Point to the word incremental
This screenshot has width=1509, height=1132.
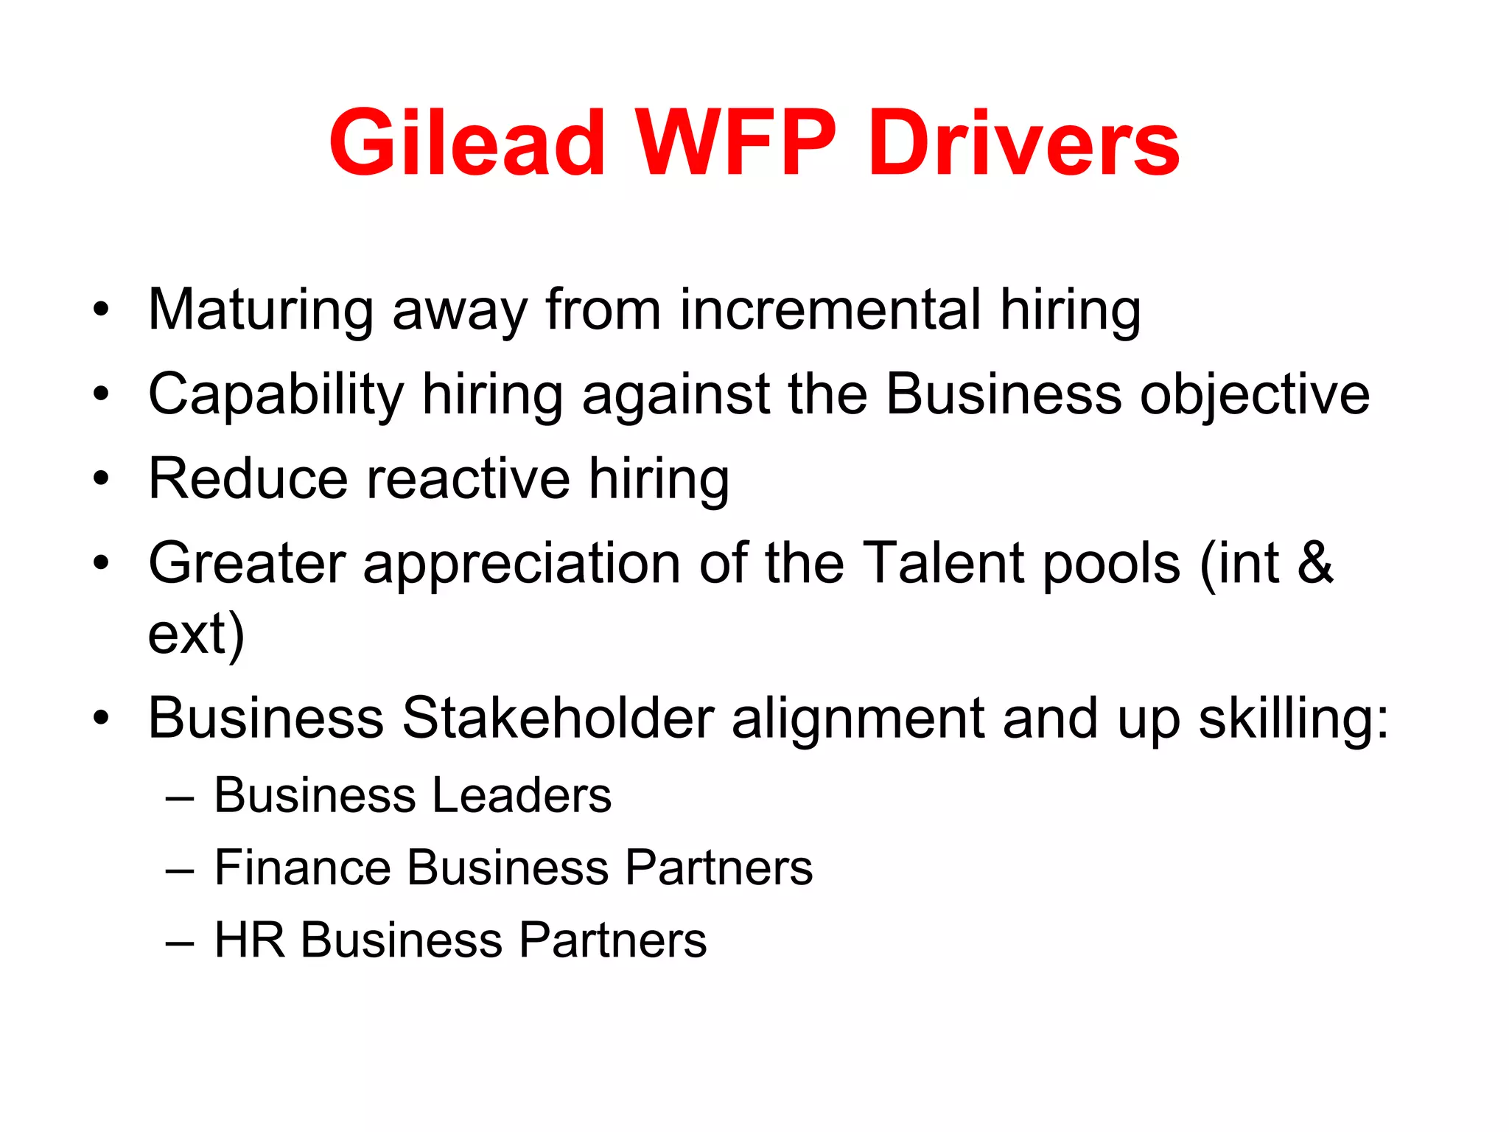[x=830, y=310]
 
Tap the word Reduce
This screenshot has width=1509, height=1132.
[x=248, y=479]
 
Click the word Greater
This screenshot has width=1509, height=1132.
[x=247, y=564]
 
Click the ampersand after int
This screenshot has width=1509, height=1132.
[x=1315, y=564]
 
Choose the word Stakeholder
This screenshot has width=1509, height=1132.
[x=558, y=718]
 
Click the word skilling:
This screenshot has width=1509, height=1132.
[x=1294, y=719]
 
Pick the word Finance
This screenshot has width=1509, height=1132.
[x=302, y=867]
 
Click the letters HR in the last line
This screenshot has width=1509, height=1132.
[x=249, y=940]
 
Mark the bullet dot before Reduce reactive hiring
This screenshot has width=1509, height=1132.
[x=101, y=479]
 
